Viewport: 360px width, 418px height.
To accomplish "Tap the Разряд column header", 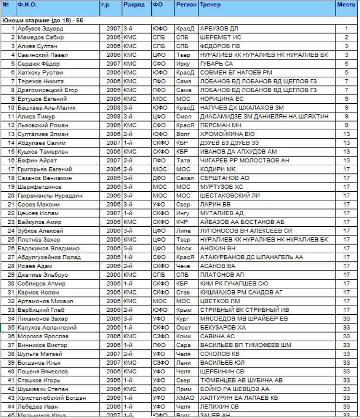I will tap(133, 5).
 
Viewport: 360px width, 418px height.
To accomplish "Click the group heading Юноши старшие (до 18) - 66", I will tap(43, 20).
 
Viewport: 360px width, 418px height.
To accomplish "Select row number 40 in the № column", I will tap(12, 371).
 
